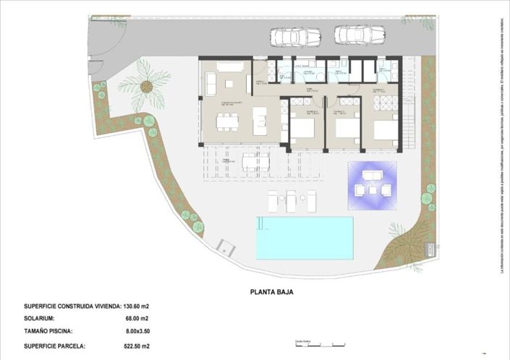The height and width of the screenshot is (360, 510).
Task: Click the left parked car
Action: coord(295,36)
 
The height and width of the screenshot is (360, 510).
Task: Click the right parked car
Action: coord(360,35)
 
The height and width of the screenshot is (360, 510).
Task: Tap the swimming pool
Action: coord(304,238)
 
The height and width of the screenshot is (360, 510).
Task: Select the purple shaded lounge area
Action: coord(373,184)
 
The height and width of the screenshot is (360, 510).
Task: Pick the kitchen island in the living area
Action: coord(259,121)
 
